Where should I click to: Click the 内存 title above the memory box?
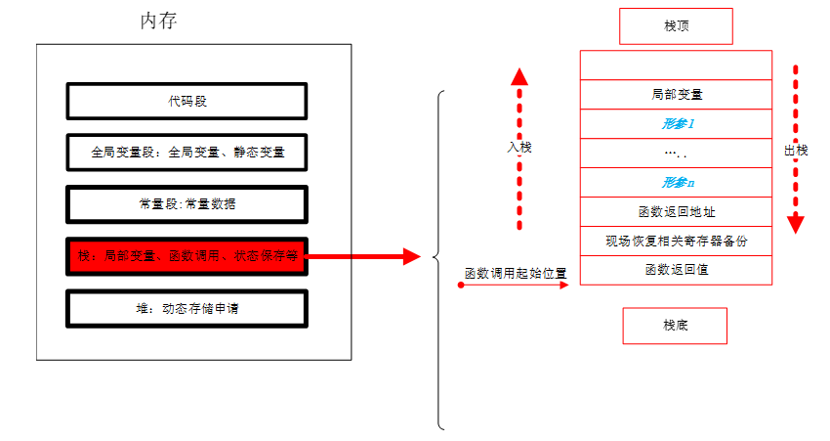tap(158, 22)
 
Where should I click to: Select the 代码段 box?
tap(187, 101)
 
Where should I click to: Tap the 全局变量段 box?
tap(187, 153)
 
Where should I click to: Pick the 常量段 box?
tap(187, 204)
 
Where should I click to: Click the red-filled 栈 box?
tap(187, 257)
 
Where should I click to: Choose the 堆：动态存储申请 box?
tap(187, 308)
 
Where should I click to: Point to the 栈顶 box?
tap(676, 26)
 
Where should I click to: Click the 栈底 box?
tap(676, 325)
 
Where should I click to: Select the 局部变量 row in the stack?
tap(676, 95)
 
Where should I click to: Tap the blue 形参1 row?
tap(676, 124)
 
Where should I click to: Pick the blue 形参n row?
tap(676, 182)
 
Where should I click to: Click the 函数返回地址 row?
tap(676, 211)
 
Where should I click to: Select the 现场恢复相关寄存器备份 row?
tap(676, 241)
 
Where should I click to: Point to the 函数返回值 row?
tap(676, 269)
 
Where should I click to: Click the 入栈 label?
tap(519, 147)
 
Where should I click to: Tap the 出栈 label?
tap(796, 150)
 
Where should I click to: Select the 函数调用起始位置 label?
tap(516, 273)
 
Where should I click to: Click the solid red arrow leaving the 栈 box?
tap(361, 257)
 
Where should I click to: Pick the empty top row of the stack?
tap(676, 66)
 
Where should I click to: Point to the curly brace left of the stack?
tap(438, 259)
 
